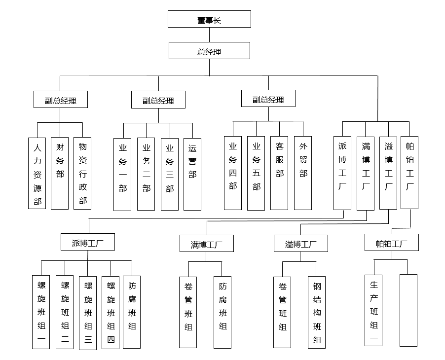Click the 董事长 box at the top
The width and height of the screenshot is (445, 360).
click(x=209, y=19)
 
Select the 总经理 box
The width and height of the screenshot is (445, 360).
click(x=209, y=51)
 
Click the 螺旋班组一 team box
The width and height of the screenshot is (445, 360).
click(x=41, y=312)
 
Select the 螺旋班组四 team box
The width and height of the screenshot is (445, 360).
click(x=111, y=312)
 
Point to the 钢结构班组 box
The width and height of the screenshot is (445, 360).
click(x=317, y=312)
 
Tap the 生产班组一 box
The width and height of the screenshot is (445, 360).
click(x=373, y=310)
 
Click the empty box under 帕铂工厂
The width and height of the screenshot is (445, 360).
click(x=408, y=310)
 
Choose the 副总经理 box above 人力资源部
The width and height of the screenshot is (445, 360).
click(x=61, y=100)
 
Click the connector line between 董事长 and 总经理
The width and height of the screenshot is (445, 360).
click(x=209, y=35)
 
